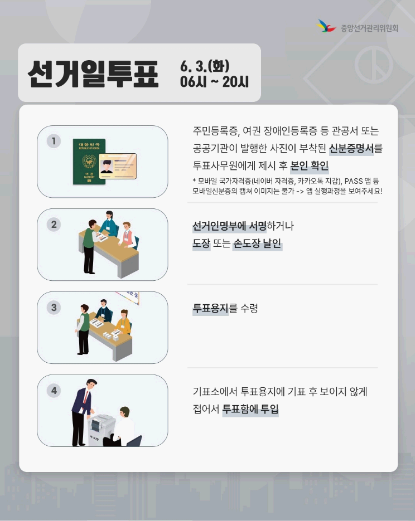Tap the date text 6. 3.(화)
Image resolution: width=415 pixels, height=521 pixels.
[205, 66]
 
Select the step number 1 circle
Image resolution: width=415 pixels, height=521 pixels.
[54, 141]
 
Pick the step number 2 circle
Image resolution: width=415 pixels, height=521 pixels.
[54, 224]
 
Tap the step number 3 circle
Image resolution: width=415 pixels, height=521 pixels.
[54, 307]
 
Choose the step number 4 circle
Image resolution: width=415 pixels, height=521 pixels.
[54, 390]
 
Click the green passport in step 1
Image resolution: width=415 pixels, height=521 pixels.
[89, 162]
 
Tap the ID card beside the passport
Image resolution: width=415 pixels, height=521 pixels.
[118, 166]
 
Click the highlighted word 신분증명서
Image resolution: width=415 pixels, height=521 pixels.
[351, 148]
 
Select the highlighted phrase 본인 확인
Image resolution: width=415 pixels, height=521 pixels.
[310, 165]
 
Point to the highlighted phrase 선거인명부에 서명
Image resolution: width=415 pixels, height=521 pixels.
[229, 226]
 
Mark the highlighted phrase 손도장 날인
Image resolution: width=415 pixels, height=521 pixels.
[257, 244]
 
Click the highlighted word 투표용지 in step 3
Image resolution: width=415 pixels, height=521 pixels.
[211, 308]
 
